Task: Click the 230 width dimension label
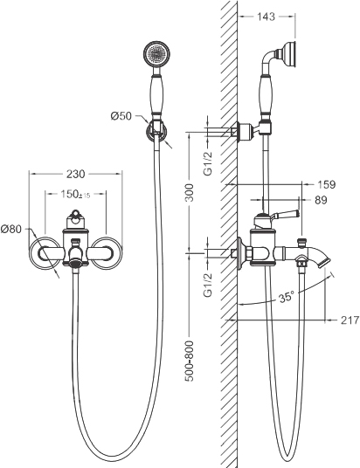[x=76, y=174]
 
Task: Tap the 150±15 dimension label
[x=75, y=195]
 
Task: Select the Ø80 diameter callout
[x=11, y=230]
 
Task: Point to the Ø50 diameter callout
[x=121, y=116]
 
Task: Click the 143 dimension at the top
[x=266, y=17]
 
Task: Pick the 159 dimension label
[x=326, y=184]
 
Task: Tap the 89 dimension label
[x=321, y=200]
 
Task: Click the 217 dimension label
[x=350, y=320]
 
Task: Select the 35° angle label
[x=287, y=297]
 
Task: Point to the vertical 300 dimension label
[x=189, y=192]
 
